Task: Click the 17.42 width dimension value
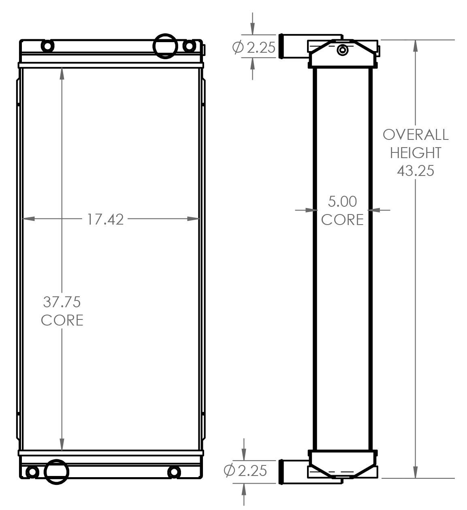(105, 219)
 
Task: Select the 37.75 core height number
(62, 302)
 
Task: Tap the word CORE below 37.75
(62, 320)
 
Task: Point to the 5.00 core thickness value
(342, 201)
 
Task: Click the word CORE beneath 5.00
(342, 220)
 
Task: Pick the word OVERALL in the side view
(416, 135)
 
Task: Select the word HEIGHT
(416, 153)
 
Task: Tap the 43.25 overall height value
(416, 171)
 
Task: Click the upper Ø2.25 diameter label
(254, 48)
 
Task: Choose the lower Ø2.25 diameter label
(245, 470)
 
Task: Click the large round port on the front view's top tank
(165, 46)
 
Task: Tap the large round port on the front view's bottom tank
(56, 471)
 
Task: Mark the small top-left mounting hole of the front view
(47, 46)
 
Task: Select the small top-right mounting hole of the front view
(188, 46)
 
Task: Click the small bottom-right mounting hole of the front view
(173, 472)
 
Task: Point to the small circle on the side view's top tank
(343, 50)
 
